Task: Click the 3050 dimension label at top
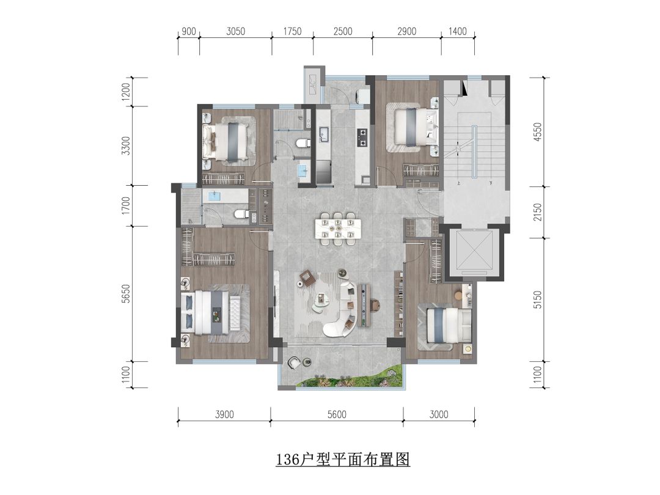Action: click(x=235, y=31)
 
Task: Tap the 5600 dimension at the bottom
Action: click(x=337, y=414)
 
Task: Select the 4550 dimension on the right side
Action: click(x=538, y=132)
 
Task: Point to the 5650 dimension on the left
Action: click(x=125, y=293)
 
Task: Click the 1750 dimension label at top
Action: click(x=292, y=31)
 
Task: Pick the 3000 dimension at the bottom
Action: click(x=439, y=414)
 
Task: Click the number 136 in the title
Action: click(x=287, y=459)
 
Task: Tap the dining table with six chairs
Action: click(x=338, y=229)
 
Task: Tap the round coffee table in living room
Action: click(x=323, y=299)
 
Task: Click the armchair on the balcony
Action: click(x=294, y=362)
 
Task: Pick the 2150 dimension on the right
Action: click(x=538, y=212)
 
